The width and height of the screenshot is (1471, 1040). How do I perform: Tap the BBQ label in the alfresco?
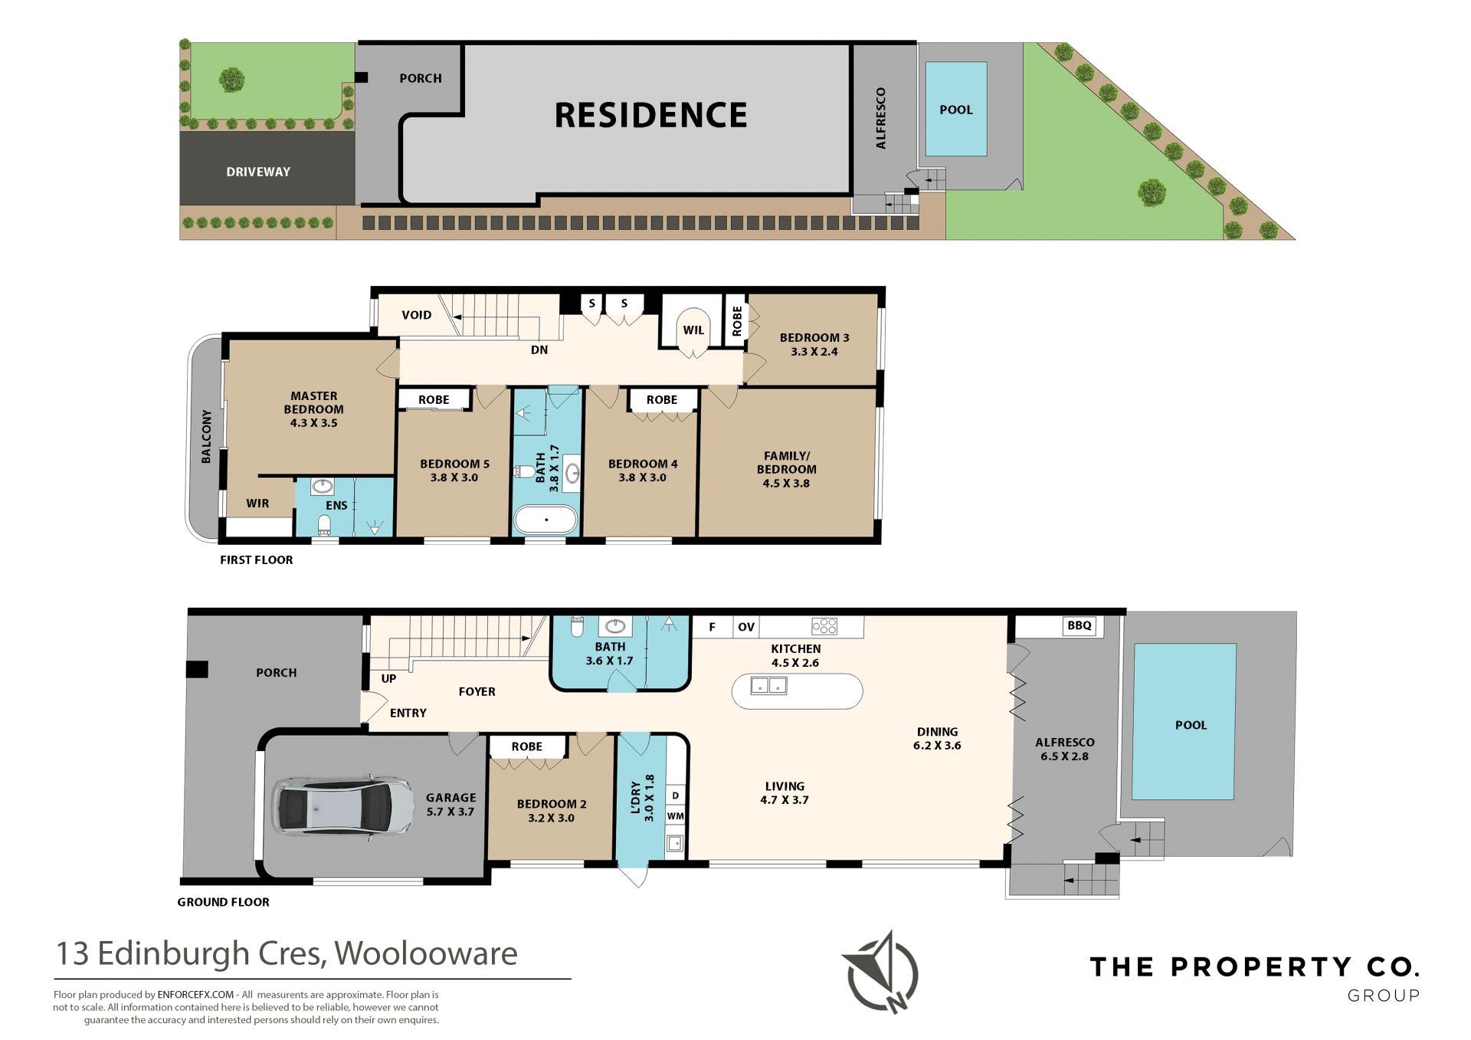(x=1079, y=625)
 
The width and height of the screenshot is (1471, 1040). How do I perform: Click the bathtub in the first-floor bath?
(x=545, y=519)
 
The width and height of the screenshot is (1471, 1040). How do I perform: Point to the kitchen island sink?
(x=768, y=685)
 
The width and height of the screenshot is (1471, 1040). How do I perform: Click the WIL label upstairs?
(x=693, y=330)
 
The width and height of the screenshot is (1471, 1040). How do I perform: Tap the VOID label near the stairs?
(x=416, y=315)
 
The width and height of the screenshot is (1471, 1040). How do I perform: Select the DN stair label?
(x=539, y=349)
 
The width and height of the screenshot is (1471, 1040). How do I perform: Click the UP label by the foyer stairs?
(x=388, y=678)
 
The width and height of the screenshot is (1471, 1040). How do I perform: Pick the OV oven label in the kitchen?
(x=746, y=627)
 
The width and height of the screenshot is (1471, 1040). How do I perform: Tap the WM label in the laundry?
(x=675, y=816)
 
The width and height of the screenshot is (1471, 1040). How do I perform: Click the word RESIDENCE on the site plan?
(x=650, y=115)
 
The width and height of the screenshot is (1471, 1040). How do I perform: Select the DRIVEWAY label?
(x=258, y=172)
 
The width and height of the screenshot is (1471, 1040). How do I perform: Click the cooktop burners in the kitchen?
(x=824, y=626)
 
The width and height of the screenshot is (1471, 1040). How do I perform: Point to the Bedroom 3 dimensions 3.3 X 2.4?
(x=814, y=352)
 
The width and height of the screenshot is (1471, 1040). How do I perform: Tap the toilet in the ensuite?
(x=324, y=525)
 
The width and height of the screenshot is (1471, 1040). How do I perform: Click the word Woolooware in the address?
(x=426, y=953)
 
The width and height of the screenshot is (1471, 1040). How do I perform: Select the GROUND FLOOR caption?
(x=223, y=902)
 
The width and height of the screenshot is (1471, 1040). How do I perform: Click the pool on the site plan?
(x=956, y=109)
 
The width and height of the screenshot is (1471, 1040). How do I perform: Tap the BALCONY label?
(x=206, y=436)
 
